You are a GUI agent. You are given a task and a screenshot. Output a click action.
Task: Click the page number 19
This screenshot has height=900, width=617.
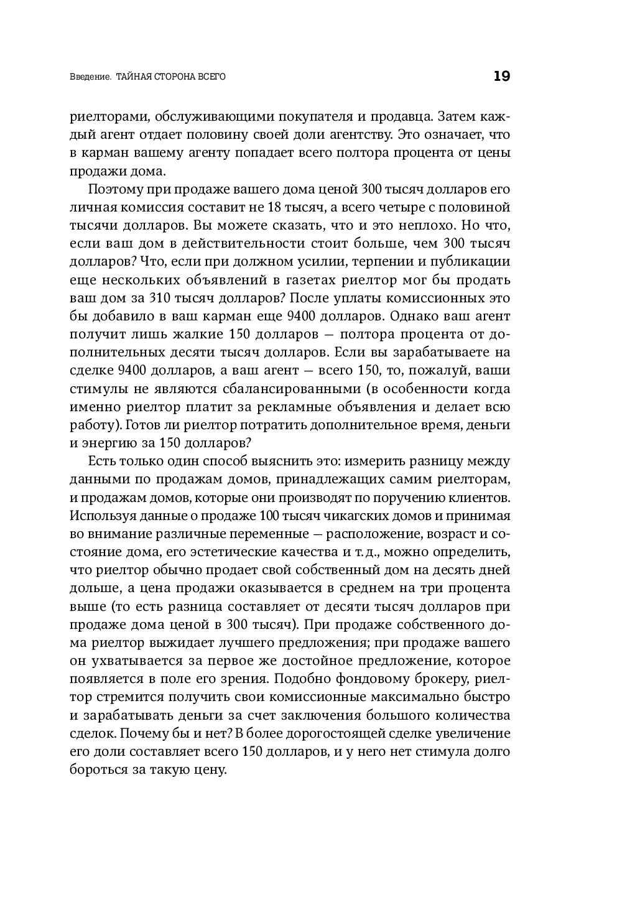[x=501, y=77]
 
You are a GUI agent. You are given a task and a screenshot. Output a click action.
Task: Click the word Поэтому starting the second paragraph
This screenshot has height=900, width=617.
[x=115, y=190]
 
